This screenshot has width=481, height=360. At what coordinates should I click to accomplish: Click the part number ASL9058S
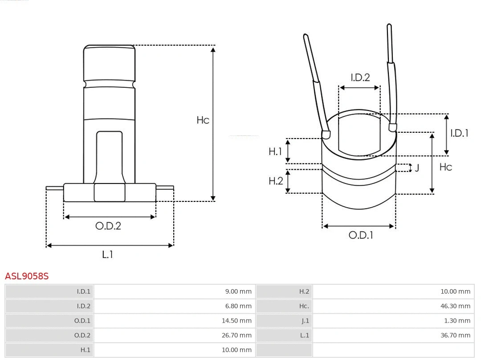(27, 276)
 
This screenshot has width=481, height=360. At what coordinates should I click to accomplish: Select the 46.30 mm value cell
(455, 306)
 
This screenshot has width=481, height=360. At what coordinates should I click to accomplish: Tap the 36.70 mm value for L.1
(455, 335)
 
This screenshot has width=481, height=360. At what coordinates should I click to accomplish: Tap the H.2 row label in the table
(304, 291)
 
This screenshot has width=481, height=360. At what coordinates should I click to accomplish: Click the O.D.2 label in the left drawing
(108, 226)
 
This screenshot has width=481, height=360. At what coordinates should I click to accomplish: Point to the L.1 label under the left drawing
(108, 254)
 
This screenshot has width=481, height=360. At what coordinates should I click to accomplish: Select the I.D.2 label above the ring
(360, 78)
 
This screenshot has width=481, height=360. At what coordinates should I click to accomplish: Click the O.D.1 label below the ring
(360, 235)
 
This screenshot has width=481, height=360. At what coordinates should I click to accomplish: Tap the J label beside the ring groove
(417, 168)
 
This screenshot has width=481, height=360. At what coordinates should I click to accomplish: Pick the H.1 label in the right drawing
(275, 151)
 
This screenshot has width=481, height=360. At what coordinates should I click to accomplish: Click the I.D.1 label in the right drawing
(459, 133)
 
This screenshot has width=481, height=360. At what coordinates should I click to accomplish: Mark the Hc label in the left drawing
(203, 120)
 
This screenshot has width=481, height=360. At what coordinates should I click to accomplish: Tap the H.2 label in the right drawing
(276, 180)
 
